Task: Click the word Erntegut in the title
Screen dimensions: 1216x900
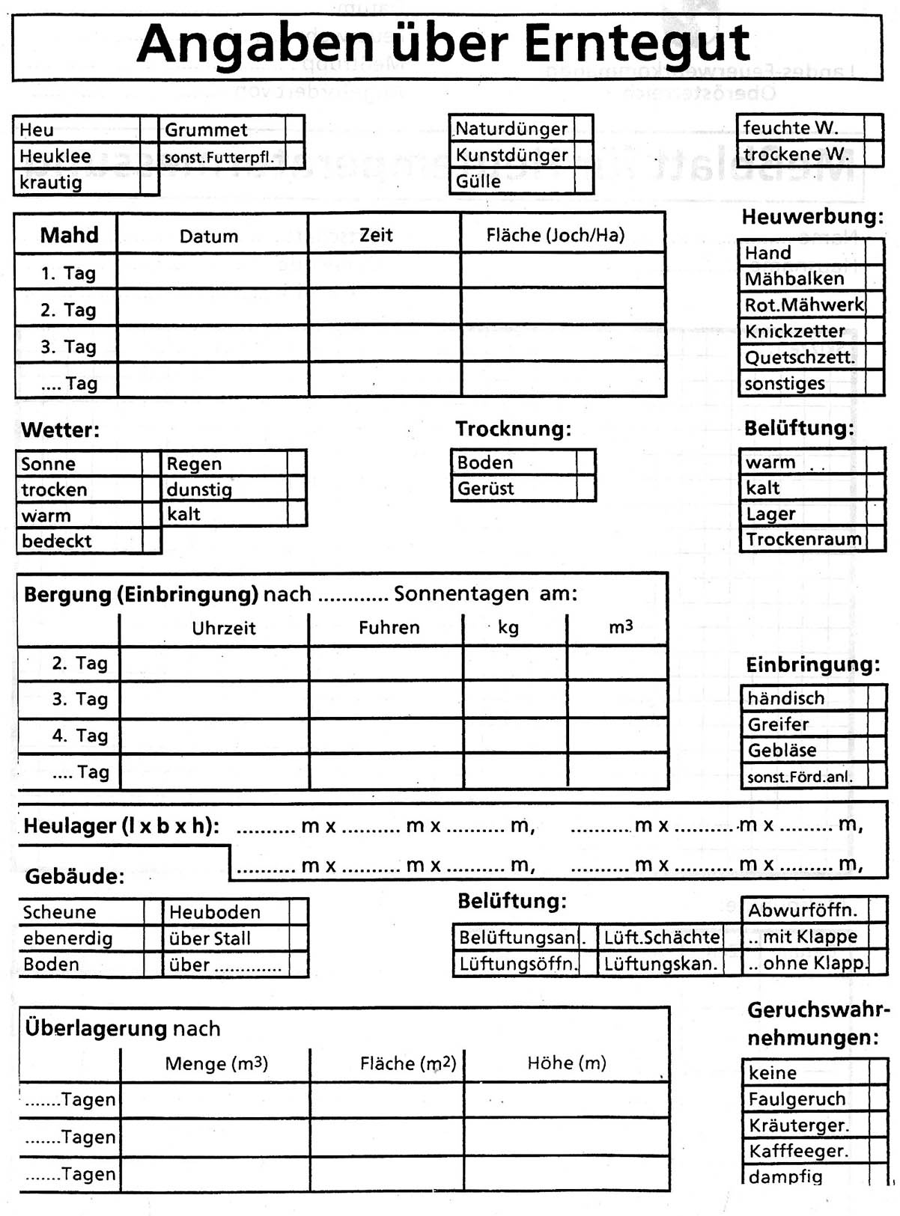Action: [x=636, y=44]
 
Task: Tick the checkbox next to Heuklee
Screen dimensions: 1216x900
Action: [x=149, y=156]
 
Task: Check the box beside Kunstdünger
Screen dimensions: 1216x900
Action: [x=583, y=155]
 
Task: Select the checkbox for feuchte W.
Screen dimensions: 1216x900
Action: [x=873, y=127]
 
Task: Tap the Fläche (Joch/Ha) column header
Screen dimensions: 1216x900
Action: [x=555, y=235]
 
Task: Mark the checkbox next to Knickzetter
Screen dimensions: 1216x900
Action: [x=875, y=331]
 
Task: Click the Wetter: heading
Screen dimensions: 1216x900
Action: [x=60, y=430]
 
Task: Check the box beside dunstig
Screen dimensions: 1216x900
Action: [x=297, y=489]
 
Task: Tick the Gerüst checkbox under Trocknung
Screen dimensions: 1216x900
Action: [x=586, y=488]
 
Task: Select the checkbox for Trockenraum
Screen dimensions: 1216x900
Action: [x=875, y=540]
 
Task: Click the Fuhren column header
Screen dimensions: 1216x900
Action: [x=389, y=627]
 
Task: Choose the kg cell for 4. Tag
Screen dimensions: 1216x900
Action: [x=514, y=736]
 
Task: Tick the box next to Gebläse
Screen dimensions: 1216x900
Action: [x=877, y=750]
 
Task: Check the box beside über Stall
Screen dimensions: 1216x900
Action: [x=298, y=938]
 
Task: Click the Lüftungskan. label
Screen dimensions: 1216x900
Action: [x=660, y=964]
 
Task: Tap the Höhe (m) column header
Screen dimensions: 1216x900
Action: [x=566, y=1063]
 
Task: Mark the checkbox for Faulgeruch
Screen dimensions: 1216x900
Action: [x=878, y=1099]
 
